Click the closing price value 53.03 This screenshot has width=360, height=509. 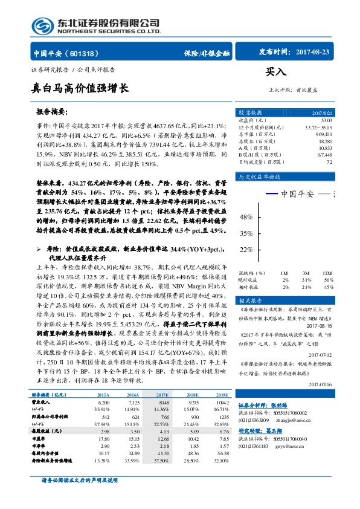coord(326,120)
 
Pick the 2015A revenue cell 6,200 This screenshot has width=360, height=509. coord(103,384)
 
